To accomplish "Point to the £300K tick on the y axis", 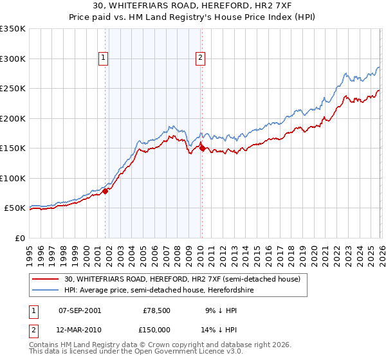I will tap(13, 59).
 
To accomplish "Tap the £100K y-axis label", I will tap(13, 178).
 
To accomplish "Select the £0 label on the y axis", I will tap(19, 238).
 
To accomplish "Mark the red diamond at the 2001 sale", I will tap(106, 191).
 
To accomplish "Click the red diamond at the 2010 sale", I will tap(202, 148).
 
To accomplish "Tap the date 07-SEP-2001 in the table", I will tap(79, 310).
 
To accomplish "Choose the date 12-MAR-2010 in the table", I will tap(79, 329).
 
